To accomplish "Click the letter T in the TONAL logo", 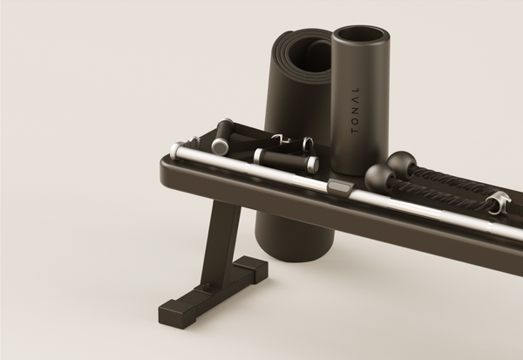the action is tap(355, 130).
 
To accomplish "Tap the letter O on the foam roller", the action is tap(355, 120).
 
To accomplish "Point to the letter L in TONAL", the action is tap(356, 90).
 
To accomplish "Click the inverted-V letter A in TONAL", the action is tap(356, 99).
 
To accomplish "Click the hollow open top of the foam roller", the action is tap(361, 35).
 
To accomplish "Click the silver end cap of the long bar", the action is tap(176, 151).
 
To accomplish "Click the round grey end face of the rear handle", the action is tap(219, 146).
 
